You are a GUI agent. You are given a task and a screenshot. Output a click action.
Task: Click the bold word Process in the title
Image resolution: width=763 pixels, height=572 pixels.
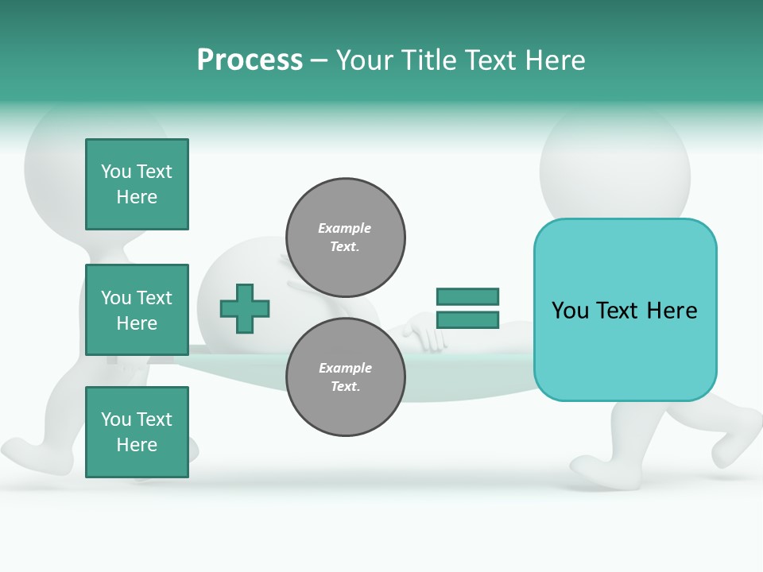tap(250, 60)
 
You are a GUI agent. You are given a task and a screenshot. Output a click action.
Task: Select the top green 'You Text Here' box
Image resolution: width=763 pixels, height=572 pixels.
tap(137, 184)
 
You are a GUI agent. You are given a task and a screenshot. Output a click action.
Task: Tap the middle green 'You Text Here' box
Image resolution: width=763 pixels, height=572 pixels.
tap(137, 310)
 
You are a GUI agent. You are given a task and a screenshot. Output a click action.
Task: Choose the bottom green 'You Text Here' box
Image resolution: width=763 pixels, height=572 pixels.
tap(137, 432)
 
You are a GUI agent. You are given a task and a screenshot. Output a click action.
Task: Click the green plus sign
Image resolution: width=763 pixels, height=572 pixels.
tap(245, 307)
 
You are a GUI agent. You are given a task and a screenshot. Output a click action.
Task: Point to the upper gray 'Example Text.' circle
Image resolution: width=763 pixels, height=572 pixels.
tap(345, 238)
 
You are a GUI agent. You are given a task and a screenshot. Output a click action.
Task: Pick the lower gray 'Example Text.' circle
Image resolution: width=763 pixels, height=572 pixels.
tap(345, 377)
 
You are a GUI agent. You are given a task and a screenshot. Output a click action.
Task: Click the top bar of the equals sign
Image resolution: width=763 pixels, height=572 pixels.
tap(467, 296)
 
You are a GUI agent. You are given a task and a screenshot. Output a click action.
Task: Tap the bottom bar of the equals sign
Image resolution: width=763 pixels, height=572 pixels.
tap(467, 319)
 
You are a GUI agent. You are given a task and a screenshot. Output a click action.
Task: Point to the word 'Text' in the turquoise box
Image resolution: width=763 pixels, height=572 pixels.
tap(624, 311)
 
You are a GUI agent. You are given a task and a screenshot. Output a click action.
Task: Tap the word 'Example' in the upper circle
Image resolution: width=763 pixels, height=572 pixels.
tap(345, 228)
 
